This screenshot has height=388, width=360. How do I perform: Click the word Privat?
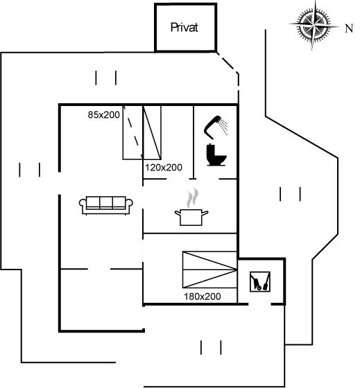point(185,28)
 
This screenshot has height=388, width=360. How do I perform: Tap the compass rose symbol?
point(314,25)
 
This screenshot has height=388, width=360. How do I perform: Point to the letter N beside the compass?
point(347,28)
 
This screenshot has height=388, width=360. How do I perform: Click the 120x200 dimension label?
point(163,168)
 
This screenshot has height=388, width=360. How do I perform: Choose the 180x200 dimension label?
point(202,296)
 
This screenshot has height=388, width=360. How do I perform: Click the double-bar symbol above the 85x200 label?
point(106,78)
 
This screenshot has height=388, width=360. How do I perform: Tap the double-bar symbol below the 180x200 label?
point(211,347)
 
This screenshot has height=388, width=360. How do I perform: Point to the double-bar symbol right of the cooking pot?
point(290,195)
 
